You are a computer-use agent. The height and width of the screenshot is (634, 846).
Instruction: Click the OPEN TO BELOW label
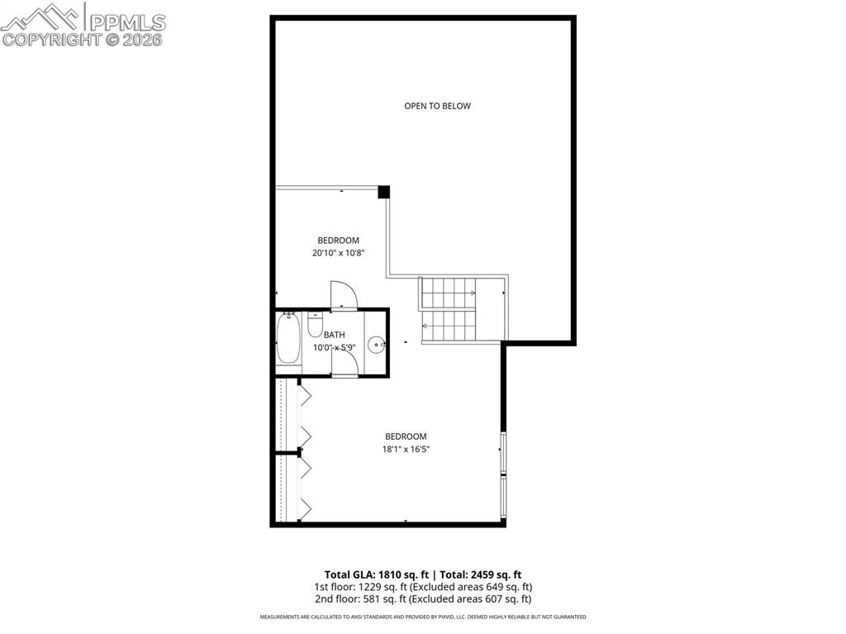pos(437,106)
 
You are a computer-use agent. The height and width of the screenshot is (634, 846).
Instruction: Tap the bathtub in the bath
pos(288,339)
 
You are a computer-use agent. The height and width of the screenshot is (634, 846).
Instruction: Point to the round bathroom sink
pos(376,345)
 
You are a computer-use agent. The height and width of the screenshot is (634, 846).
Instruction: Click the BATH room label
pos(334,335)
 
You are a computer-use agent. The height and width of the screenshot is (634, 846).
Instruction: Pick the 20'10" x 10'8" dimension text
pos(338,254)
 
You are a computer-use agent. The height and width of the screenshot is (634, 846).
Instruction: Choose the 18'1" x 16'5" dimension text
pos(405,450)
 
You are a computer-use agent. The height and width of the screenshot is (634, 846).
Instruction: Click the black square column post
pos(383,192)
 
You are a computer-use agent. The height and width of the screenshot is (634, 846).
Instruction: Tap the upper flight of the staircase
pos(449,293)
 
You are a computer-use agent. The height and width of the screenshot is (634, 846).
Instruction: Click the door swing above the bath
pos(343,296)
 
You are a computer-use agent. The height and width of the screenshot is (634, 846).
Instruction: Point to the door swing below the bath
pos(344,363)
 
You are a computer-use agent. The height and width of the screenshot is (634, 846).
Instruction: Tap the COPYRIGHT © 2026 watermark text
pos(83,39)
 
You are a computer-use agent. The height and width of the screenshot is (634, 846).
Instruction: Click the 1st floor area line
pos(422,587)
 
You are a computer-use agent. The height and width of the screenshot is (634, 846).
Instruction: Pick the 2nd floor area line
pos(422,599)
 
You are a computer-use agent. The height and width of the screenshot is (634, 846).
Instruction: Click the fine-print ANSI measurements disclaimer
pos(422,617)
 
